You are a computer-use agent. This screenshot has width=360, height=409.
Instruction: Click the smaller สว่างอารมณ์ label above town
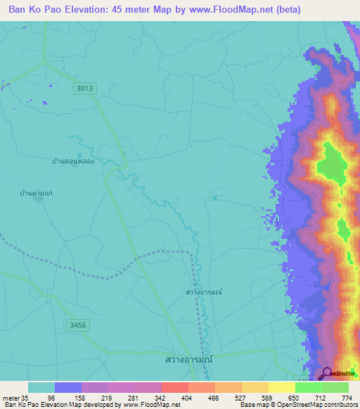[x=204, y=291]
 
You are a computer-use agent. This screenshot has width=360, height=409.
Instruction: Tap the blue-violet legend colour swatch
[x=68, y=387]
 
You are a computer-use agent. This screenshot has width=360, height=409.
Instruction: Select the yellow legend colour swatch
[x=281, y=387]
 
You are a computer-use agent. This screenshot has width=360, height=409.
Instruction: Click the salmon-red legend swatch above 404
[x=175, y=387]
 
